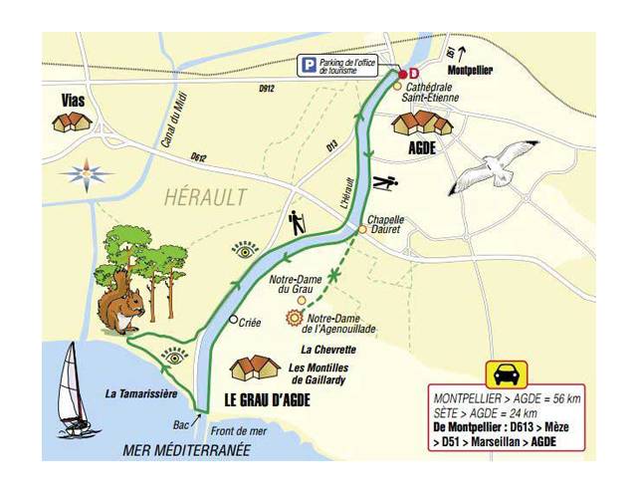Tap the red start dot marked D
pos(403,74)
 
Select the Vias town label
pos(72,100)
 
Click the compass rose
pos(86,172)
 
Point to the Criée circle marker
pos(232,321)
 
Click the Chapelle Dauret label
pos(386,224)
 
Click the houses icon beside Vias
pos(71,123)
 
